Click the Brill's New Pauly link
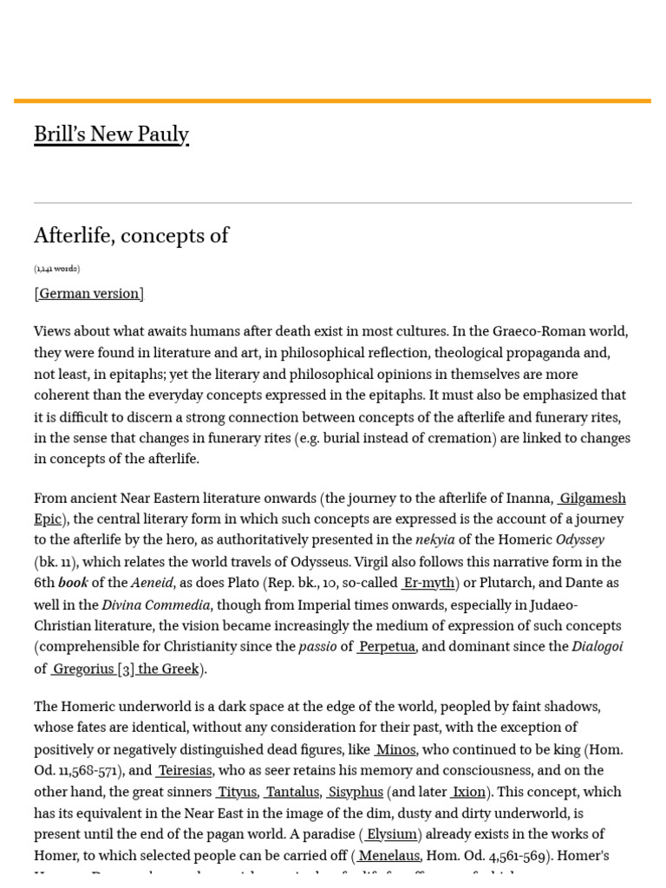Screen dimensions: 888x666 pyautogui.click(x=111, y=134)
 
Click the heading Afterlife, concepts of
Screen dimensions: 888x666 pyautogui.click(x=131, y=236)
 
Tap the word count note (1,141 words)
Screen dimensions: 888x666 pyautogui.click(x=57, y=269)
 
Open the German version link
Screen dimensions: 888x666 pyautogui.click(x=89, y=294)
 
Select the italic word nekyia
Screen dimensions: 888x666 pyautogui.click(x=435, y=540)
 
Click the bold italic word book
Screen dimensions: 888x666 pyautogui.click(x=73, y=584)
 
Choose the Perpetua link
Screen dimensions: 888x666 pyautogui.click(x=387, y=647)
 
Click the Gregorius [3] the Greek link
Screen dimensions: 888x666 pyautogui.click(x=126, y=669)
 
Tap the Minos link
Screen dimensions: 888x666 pyautogui.click(x=395, y=750)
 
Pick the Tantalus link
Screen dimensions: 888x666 pyautogui.click(x=292, y=793)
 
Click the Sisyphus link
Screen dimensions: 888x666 pyautogui.click(x=356, y=793)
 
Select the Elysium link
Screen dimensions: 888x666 pyautogui.click(x=391, y=834)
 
